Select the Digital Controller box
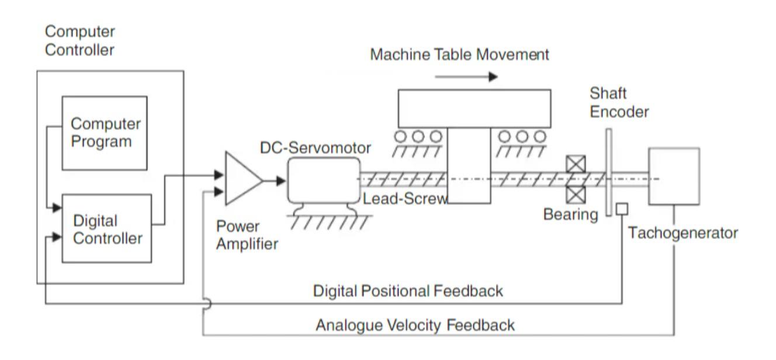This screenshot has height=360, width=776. click(x=106, y=229)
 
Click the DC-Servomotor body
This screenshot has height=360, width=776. click(x=322, y=181)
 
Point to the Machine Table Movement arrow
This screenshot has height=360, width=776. click(x=466, y=77)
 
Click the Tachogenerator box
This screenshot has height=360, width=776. click(x=674, y=176)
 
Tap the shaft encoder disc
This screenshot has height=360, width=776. click(x=609, y=172)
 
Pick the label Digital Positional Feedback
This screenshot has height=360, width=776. click(x=408, y=291)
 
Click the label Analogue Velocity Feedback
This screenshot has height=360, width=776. click(x=415, y=325)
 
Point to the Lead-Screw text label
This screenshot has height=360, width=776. click(x=404, y=198)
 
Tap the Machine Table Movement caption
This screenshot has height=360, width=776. click(x=460, y=55)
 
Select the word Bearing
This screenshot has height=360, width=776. click(x=571, y=214)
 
